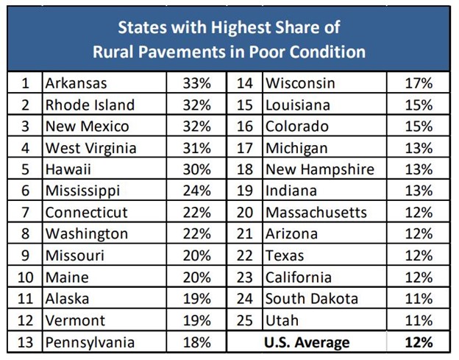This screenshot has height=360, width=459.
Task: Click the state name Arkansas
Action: point(76,83)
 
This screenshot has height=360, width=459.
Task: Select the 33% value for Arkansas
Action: point(197,83)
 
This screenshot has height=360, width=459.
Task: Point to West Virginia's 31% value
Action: point(197,148)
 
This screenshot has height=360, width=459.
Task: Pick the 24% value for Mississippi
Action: point(197,191)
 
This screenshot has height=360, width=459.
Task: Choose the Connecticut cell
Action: point(86,212)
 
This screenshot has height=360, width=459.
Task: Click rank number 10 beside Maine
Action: point(25,277)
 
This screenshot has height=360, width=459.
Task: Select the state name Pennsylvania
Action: point(90,342)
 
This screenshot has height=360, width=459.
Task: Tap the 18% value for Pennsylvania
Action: point(197,342)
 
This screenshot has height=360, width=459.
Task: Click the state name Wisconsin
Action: point(300,83)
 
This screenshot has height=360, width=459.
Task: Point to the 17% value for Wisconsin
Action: point(419,83)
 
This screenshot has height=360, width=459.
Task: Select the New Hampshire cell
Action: point(319,169)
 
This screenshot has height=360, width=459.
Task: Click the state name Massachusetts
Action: point(316,212)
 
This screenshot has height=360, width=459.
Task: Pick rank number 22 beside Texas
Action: point(246,255)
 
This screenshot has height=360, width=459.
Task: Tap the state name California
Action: point(298,277)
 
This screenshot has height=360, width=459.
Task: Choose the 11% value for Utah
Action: point(419,320)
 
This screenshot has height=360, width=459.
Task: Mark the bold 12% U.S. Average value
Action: point(419,342)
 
